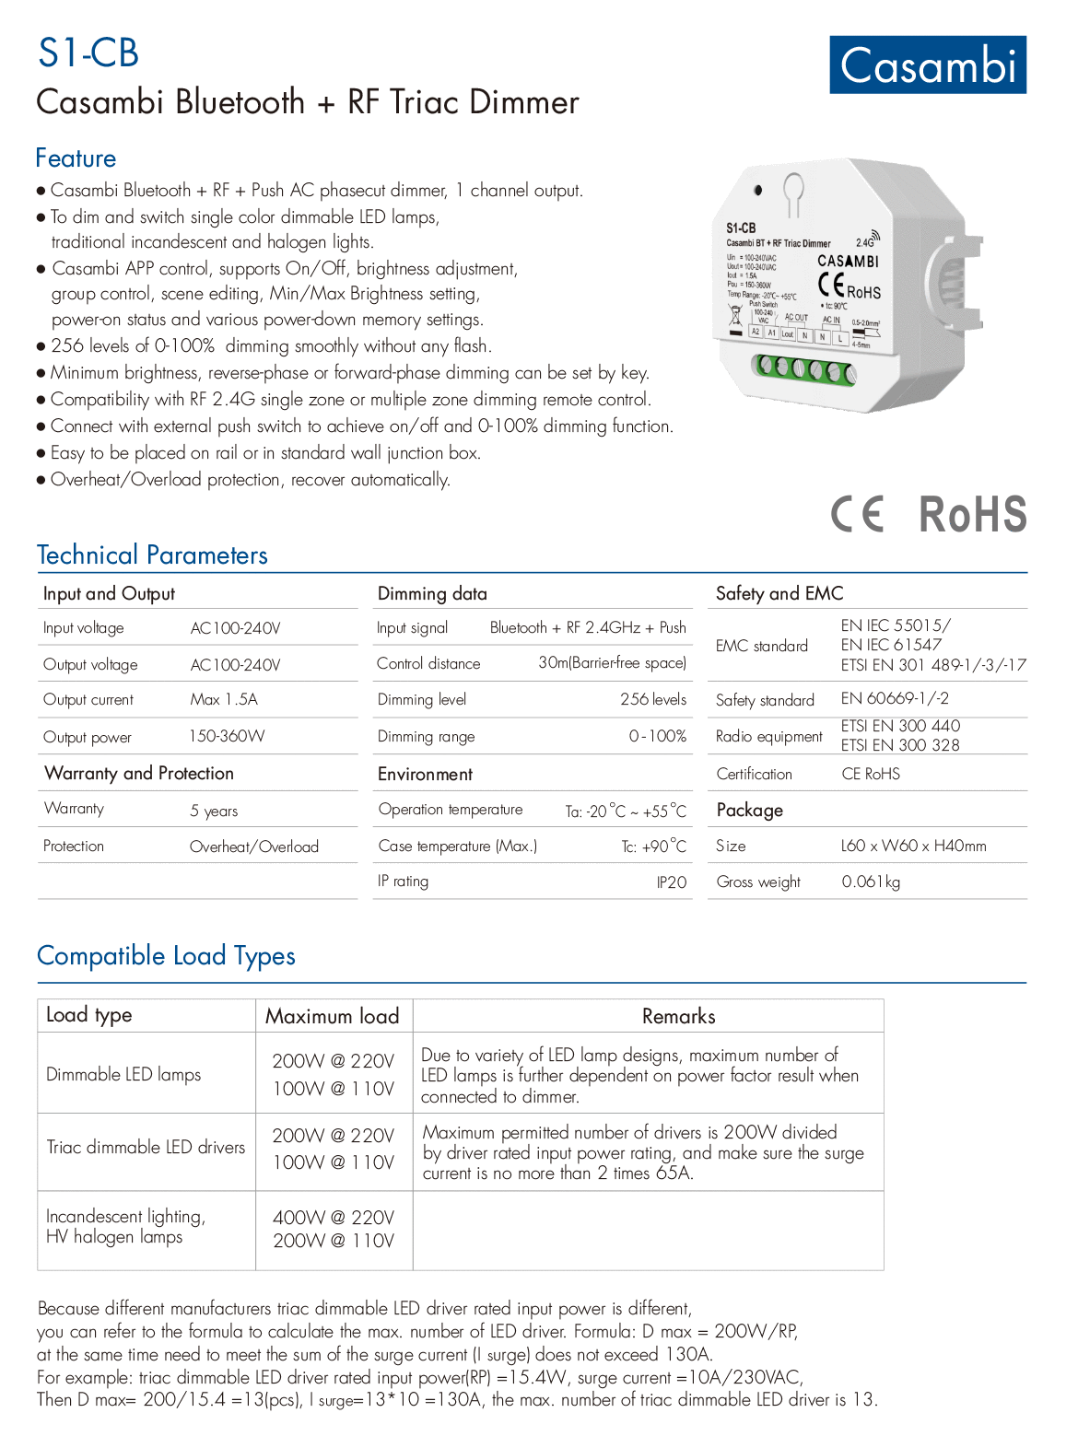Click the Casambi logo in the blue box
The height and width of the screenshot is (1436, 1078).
tap(928, 65)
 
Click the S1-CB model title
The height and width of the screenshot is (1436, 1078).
tap(88, 53)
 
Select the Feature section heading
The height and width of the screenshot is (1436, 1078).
tap(76, 158)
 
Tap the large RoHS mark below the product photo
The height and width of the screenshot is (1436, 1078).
tap(973, 514)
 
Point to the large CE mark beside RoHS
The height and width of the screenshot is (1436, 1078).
tap(858, 514)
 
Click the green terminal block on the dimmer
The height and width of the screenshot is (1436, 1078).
tap(804, 369)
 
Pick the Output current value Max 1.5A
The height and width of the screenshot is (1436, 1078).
tap(224, 700)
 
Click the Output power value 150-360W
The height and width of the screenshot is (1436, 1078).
tap(227, 737)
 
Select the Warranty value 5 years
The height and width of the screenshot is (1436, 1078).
tap(214, 811)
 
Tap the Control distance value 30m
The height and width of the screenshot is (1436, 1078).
tap(612, 663)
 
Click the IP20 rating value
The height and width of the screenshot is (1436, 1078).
tap(672, 882)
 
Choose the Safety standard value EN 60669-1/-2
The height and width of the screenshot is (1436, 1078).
tap(895, 699)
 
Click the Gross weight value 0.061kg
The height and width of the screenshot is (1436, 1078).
tap(871, 882)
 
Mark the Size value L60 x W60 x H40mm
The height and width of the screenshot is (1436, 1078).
tap(913, 846)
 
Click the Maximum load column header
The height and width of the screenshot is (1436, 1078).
tap(333, 1016)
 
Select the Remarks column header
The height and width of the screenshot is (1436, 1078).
tap(678, 1016)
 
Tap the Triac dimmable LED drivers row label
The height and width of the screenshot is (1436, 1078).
tap(146, 1148)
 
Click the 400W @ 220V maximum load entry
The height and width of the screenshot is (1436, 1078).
tap(334, 1218)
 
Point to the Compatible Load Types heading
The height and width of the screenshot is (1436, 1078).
tap(166, 956)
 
